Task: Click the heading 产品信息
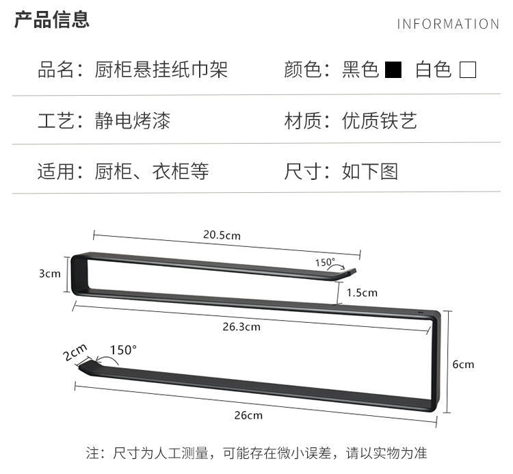pyautogui.click(x=52, y=20)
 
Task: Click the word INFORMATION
pyautogui.click(x=448, y=25)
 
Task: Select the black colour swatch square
pyautogui.click(x=393, y=70)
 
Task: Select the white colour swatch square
pyautogui.click(x=468, y=70)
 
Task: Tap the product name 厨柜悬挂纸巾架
pyautogui.click(x=161, y=70)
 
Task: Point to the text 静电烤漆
pyautogui.click(x=133, y=121)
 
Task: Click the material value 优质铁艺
pyautogui.click(x=380, y=121)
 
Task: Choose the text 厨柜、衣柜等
pyautogui.click(x=152, y=171)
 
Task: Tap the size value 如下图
pyautogui.click(x=370, y=171)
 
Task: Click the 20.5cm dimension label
pyautogui.click(x=222, y=235)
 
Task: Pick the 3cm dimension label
pyautogui.click(x=49, y=274)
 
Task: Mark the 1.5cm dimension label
pyautogui.click(x=362, y=293)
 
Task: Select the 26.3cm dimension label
pyautogui.click(x=241, y=326)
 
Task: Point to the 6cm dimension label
pyautogui.click(x=463, y=364)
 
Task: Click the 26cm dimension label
pyautogui.click(x=247, y=415)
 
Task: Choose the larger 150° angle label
pyautogui.click(x=124, y=350)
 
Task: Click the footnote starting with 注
pyautogui.click(x=256, y=453)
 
